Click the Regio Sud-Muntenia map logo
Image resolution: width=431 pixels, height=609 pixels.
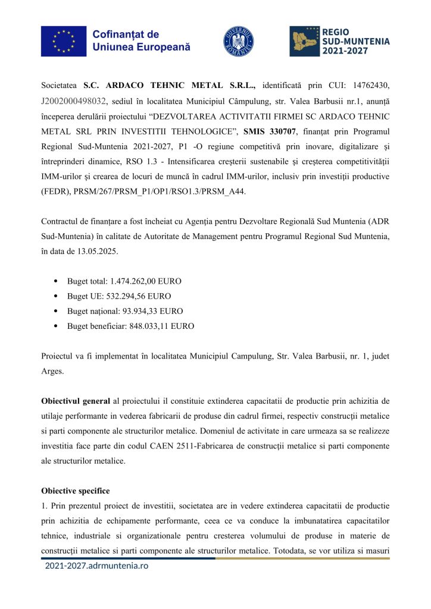click(304, 41)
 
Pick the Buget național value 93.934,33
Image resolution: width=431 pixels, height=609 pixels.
click(142, 311)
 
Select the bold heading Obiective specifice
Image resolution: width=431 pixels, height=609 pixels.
click(75, 491)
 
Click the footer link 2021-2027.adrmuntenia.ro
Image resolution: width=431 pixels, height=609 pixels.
click(96, 566)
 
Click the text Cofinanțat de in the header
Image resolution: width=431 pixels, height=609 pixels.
click(126, 34)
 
